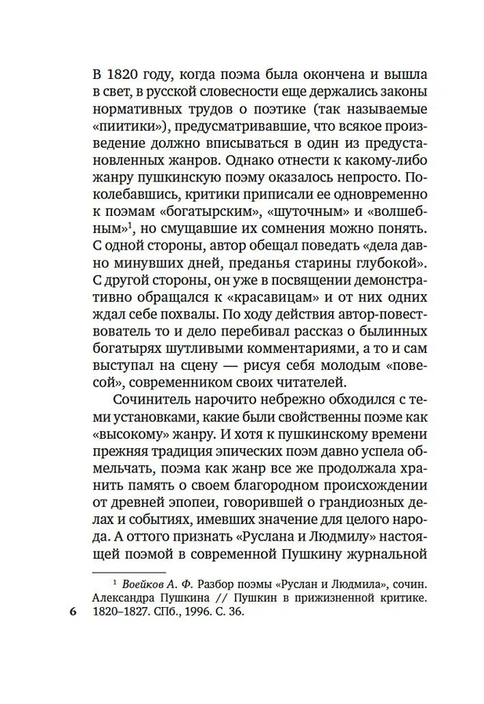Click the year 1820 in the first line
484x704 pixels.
(x=124, y=75)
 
